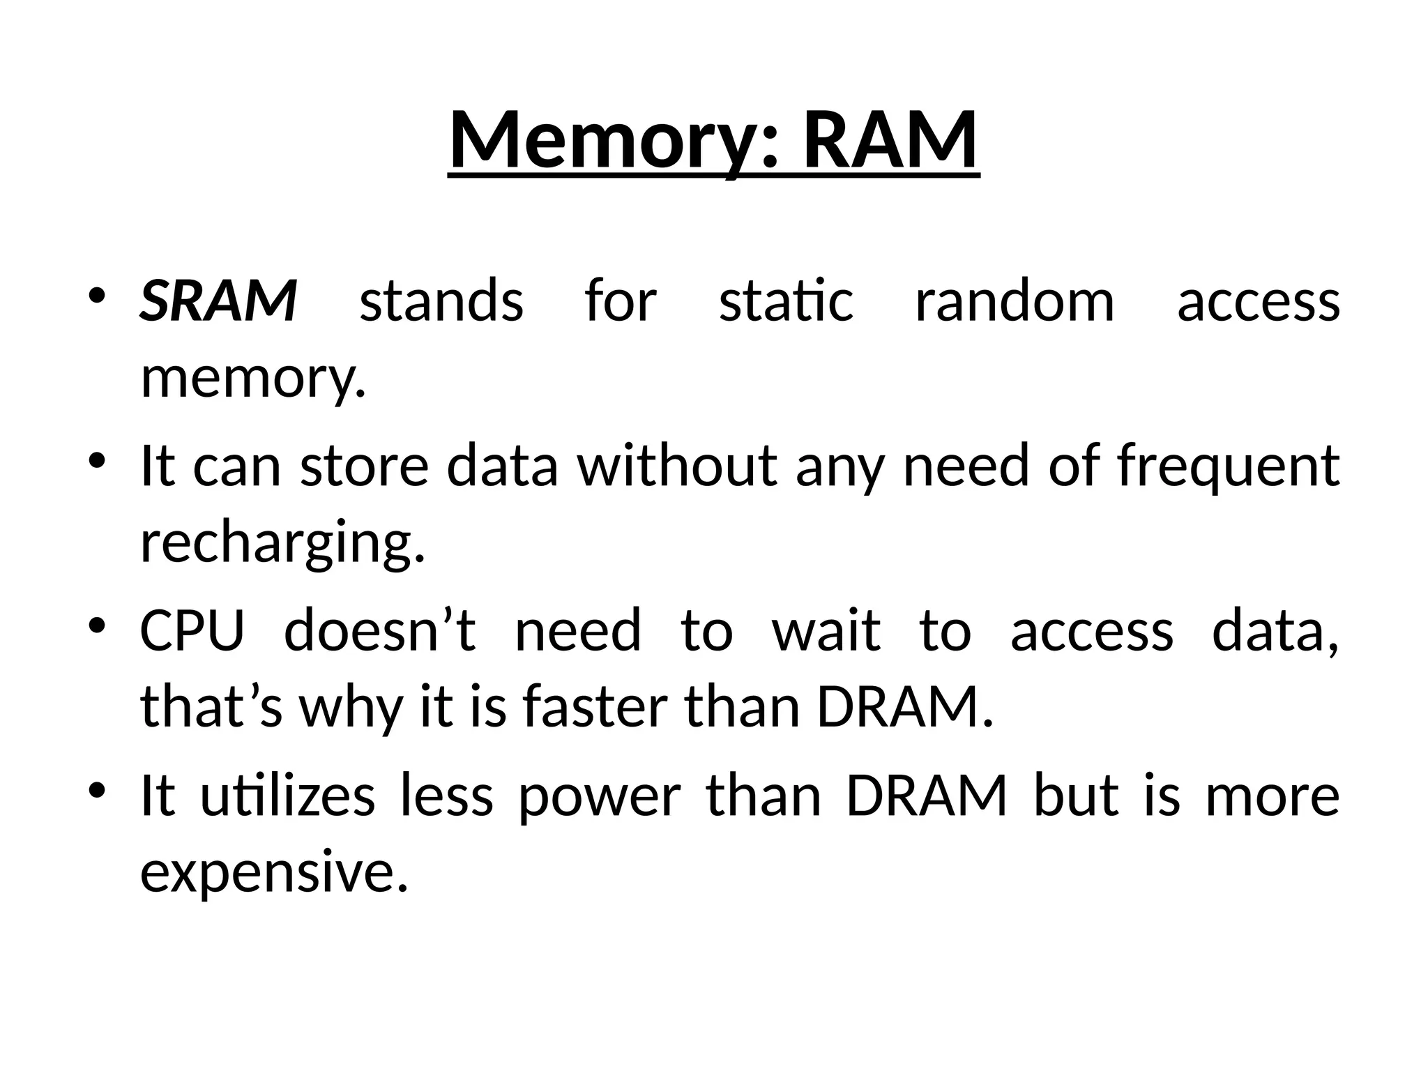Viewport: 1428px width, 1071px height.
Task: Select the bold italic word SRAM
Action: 218,301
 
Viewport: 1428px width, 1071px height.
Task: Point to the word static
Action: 786,301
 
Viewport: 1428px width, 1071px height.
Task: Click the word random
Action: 1015,301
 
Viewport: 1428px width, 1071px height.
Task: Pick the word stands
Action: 441,301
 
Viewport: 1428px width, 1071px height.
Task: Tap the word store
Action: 364,466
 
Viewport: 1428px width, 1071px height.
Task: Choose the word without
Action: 676,466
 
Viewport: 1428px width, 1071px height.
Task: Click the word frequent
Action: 1228,466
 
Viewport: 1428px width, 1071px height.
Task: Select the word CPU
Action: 192,631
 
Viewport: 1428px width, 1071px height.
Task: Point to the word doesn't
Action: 380,631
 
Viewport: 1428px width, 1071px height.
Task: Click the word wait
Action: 826,631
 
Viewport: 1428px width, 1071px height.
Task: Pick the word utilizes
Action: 288,796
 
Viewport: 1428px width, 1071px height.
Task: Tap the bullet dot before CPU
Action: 97,623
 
